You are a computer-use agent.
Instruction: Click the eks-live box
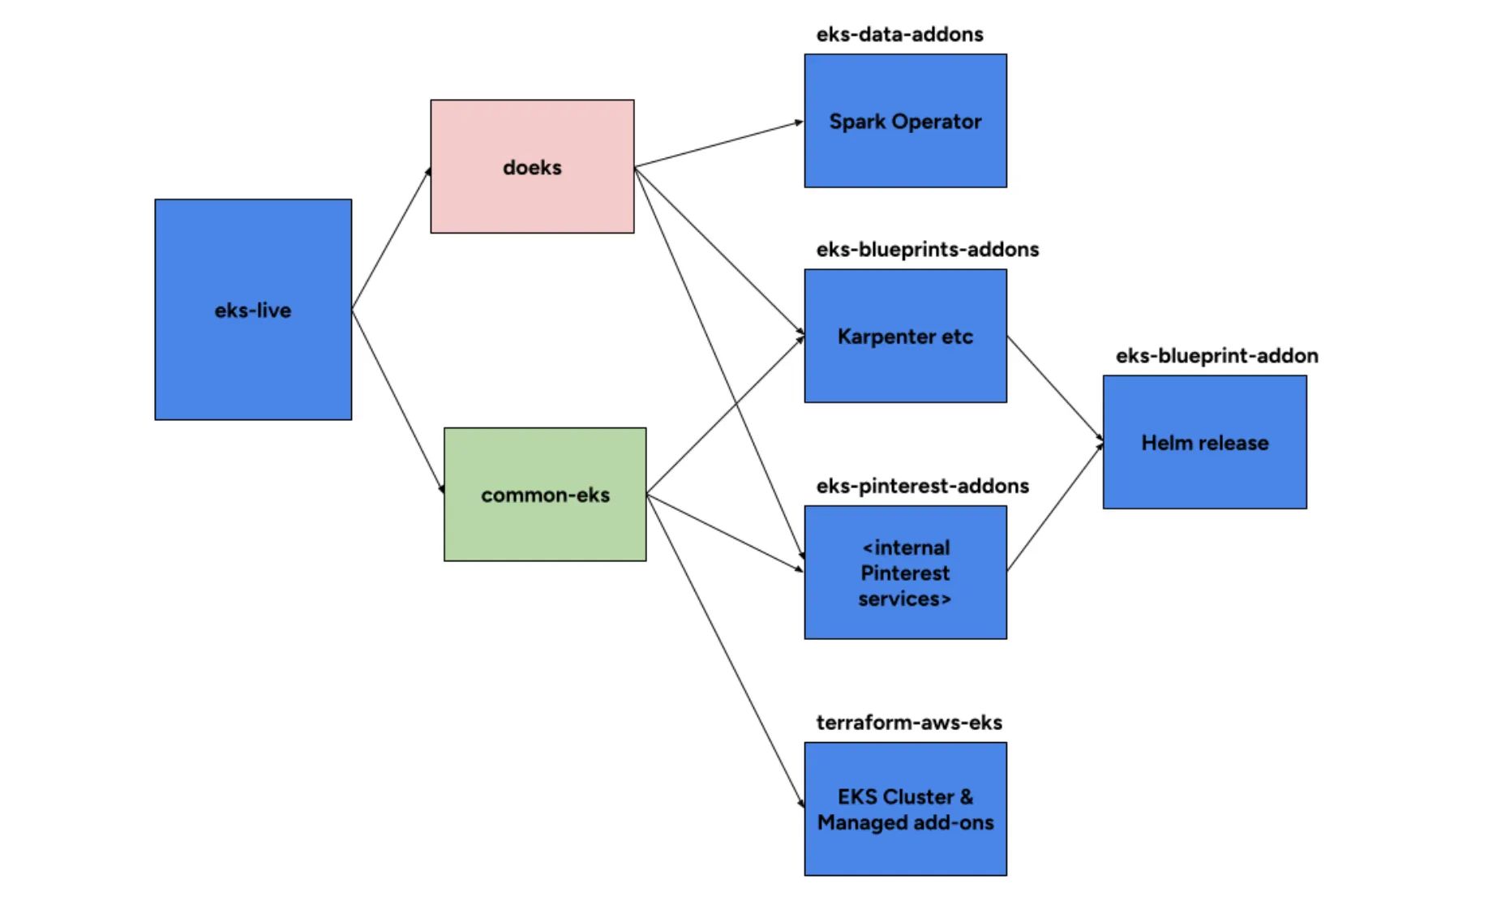click(253, 309)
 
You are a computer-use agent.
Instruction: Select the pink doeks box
click(532, 166)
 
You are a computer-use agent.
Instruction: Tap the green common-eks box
click(545, 494)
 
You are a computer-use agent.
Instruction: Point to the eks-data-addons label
click(899, 34)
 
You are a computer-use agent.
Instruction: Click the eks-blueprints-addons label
click(927, 249)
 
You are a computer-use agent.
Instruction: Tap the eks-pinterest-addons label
click(922, 486)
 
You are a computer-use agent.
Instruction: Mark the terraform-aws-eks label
click(908, 722)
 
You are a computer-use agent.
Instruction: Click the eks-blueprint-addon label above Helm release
click(1216, 355)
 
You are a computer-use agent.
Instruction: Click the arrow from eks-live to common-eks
click(397, 401)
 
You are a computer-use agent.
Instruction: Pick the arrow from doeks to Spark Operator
click(718, 144)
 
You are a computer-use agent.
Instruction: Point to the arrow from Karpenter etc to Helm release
click(1054, 388)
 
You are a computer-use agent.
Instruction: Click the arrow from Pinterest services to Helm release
click(1054, 508)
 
